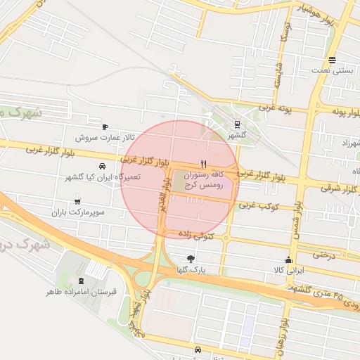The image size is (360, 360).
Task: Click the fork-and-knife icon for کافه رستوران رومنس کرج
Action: point(204,163)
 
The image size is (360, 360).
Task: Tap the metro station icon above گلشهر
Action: point(236,125)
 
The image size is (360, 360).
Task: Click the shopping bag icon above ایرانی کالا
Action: point(288,259)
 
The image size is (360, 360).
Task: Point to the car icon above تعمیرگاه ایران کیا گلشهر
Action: point(103,167)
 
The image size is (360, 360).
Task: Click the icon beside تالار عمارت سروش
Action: point(105,127)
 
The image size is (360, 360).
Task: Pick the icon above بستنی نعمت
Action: point(332,60)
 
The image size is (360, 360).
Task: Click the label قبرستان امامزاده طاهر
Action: point(82,290)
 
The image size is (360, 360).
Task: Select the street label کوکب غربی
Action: point(259,207)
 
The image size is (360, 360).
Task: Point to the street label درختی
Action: point(325,254)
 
